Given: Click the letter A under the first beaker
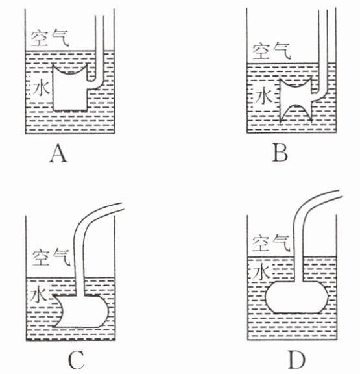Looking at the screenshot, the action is coord(58,155).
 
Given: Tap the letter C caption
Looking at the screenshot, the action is coord(76,360).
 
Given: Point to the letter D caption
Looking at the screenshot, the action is coord(296,360).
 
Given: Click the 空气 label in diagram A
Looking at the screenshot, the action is coord(50,38).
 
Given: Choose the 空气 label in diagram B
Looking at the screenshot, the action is coord(272,51).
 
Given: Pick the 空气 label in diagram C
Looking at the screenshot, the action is coord(51,257).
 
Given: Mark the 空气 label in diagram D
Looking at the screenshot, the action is coord(271,243).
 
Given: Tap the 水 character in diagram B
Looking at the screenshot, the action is coord(263,95).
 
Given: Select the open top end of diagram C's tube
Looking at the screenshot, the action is coord(123,206).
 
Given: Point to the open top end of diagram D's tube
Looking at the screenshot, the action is coord(341,193).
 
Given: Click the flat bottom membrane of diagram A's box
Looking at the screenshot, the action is coord(70,110).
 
